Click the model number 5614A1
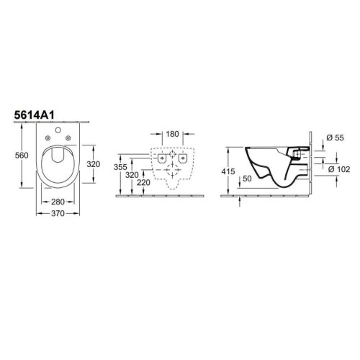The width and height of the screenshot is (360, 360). (x=35, y=115)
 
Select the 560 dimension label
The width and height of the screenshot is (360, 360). (x=22, y=156)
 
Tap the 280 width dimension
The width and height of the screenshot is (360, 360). (x=58, y=202)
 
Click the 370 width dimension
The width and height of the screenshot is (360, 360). (x=58, y=213)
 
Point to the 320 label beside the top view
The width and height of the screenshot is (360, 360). (x=94, y=164)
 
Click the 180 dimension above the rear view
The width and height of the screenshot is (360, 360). (x=173, y=134)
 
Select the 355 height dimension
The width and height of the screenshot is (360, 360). (x=120, y=167)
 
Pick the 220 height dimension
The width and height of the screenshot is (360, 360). (x=143, y=183)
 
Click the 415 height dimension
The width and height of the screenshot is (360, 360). (x=228, y=171)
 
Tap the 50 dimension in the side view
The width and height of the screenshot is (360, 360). (x=247, y=179)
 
